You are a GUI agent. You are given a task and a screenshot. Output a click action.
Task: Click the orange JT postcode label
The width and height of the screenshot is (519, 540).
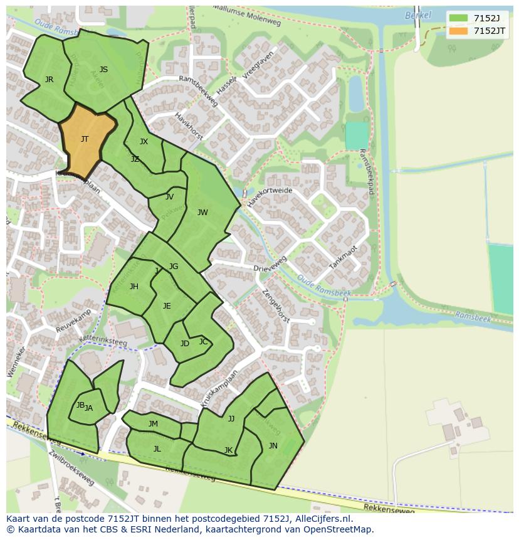click(85, 139)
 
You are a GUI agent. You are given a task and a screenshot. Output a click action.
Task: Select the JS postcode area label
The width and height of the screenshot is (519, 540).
click(103, 70)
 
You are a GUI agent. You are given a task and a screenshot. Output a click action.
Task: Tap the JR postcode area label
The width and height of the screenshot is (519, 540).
click(49, 80)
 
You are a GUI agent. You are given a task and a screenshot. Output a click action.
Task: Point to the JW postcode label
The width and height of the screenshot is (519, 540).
click(202, 213)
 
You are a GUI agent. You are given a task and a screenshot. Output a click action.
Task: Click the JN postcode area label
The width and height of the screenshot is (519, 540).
click(273, 446)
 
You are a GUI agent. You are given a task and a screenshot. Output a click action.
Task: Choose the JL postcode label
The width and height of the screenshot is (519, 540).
click(157, 449)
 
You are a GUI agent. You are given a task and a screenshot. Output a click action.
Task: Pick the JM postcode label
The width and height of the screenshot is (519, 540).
click(153, 424)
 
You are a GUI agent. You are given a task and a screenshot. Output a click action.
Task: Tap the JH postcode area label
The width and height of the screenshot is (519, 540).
click(134, 287)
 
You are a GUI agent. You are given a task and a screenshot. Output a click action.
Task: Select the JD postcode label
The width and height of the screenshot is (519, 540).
click(185, 344)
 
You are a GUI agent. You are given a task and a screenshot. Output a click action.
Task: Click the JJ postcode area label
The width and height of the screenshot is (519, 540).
click(231, 419)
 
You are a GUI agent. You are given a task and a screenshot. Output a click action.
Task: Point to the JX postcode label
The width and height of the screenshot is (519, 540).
click(144, 142)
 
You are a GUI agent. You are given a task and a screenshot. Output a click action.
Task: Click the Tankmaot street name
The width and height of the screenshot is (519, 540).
click(343, 257)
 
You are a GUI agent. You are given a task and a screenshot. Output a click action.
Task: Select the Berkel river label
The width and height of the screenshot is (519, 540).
click(418, 15)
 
